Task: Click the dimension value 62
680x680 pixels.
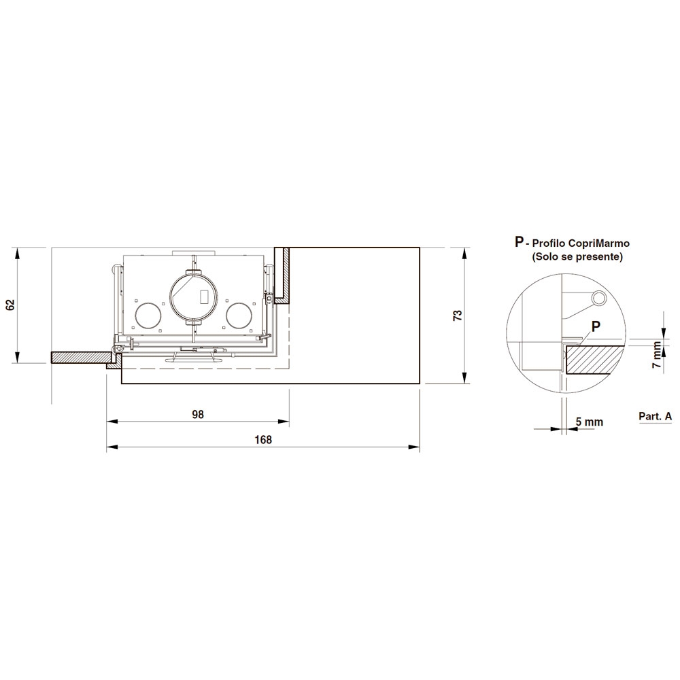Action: click(x=12, y=305)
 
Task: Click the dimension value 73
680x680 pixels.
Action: click(x=458, y=316)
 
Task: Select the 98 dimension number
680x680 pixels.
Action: click(x=198, y=414)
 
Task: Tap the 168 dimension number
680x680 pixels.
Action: click(x=262, y=439)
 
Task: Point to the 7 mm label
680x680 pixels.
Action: click(x=658, y=355)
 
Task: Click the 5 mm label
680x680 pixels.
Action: click(x=590, y=422)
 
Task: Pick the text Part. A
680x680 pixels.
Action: click(x=655, y=416)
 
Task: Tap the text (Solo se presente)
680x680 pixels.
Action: click(x=577, y=257)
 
